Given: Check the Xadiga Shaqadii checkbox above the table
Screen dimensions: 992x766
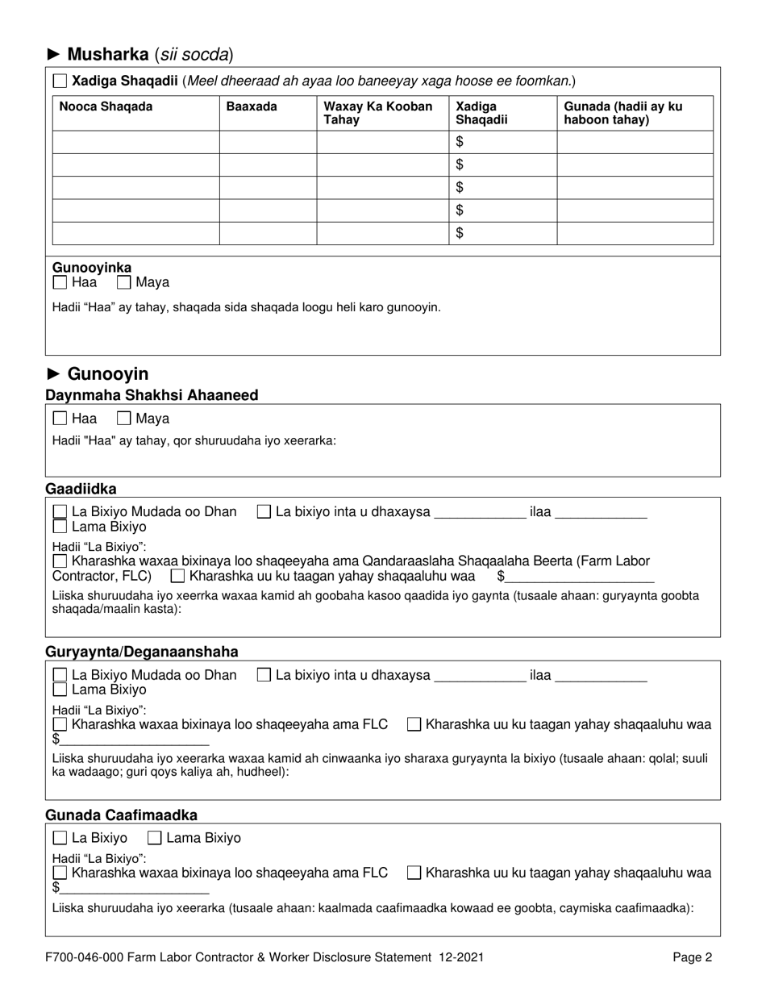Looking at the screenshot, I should tap(60, 81).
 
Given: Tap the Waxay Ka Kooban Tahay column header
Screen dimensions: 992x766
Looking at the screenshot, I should tap(377, 113).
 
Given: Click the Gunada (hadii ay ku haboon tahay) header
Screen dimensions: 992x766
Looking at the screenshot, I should tap(622, 113).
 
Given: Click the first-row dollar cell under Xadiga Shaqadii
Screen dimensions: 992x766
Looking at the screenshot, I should tap(502, 142).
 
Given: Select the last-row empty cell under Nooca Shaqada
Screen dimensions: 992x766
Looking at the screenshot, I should tap(135, 233).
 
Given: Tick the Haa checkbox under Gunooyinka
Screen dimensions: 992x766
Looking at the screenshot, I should tap(60, 283).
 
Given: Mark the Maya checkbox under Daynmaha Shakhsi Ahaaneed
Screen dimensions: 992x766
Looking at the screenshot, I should tap(124, 419).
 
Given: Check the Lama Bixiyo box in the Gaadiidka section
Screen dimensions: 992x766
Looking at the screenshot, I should tap(60, 527).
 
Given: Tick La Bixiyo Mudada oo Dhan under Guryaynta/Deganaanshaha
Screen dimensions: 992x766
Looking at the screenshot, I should tap(60, 676).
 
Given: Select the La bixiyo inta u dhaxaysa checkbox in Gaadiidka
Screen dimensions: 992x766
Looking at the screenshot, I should tap(264, 512).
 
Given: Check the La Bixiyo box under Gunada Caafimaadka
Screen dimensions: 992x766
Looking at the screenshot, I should tap(60, 838).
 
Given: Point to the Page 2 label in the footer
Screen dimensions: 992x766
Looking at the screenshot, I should tap(693, 958).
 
